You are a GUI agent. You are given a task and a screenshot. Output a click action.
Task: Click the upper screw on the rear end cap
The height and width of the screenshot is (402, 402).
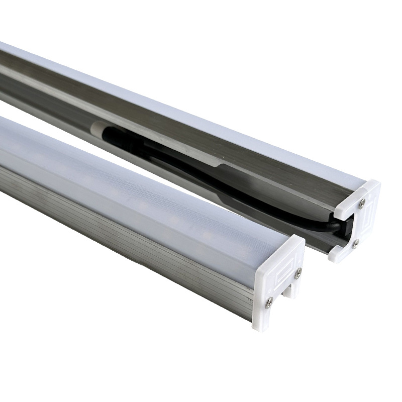[x=362, y=203]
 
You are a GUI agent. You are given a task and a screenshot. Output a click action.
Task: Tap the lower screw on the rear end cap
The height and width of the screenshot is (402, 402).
[x=355, y=244]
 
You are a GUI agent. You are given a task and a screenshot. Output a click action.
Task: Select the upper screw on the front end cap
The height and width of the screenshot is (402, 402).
[x=298, y=273]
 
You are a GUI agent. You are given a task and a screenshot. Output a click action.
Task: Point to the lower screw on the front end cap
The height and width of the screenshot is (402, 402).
[x=270, y=302]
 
